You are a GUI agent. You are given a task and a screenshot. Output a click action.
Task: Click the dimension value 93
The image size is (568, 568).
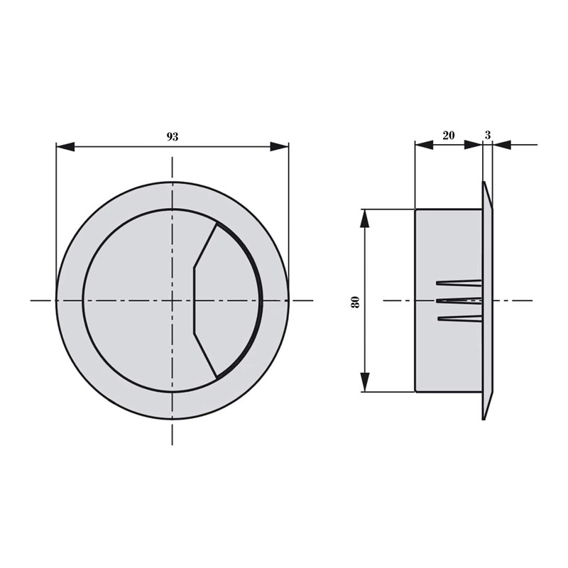(x=173, y=137)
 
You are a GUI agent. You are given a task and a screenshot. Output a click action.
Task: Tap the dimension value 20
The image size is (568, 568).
(x=449, y=136)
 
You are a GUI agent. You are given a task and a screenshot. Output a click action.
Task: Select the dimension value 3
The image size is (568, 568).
(x=488, y=136)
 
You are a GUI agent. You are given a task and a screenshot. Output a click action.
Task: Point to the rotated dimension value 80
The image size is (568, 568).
(x=356, y=302)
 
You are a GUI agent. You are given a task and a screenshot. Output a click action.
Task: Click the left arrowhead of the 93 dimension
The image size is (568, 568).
(x=65, y=147)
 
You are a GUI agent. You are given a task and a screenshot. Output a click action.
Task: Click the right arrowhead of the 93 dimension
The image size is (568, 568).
(x=280, y=147)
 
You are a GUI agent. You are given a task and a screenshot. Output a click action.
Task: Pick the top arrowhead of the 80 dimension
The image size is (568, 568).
(x=365, y=219)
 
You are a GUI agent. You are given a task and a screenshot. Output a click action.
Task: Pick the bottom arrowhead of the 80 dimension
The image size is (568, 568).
(x=365, y=382)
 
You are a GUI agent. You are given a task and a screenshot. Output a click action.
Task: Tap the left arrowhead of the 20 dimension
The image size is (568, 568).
(x=424, y=145)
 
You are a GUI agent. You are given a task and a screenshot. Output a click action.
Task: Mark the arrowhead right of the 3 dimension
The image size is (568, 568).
(x=502, y=145)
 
